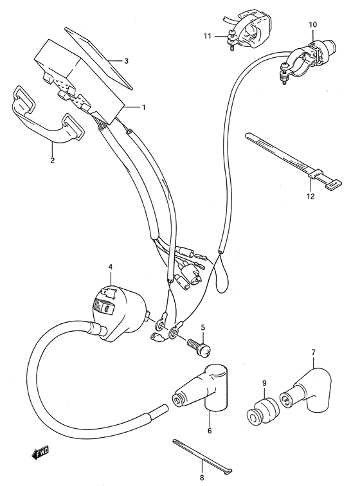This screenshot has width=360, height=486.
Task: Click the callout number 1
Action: pyautogui.click(x=144, y=107)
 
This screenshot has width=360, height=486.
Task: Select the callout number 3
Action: pyautogui.click(x=126, y=61)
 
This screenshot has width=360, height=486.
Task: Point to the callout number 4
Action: pyautogui.click(x=110, y=266)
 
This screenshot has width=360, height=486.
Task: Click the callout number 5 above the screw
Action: pyautogui.click(x=203, y=328)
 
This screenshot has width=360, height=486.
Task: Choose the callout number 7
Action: pyautogui.click(x=313, y=352)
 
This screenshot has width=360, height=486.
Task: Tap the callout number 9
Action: pyautogui.click(x=264, y=384)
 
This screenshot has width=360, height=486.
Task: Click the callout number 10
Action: pyautogui.click(x=312, y=25)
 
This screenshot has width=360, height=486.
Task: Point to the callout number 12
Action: pyautogui.click(x=310, y=197)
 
